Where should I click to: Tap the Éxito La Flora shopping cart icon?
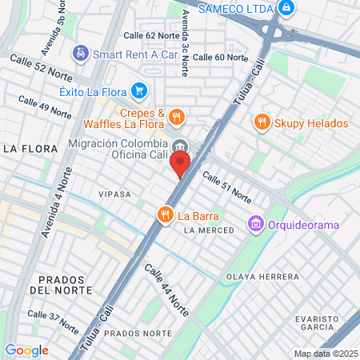140,90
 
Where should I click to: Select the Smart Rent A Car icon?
81,54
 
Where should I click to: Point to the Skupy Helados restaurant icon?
261,123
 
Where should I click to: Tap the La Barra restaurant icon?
165,214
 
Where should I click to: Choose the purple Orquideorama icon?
256,224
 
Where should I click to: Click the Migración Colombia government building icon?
182,146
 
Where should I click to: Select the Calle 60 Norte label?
220,57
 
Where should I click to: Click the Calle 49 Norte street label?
44,107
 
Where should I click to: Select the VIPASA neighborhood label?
114,194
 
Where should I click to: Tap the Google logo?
26,350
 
